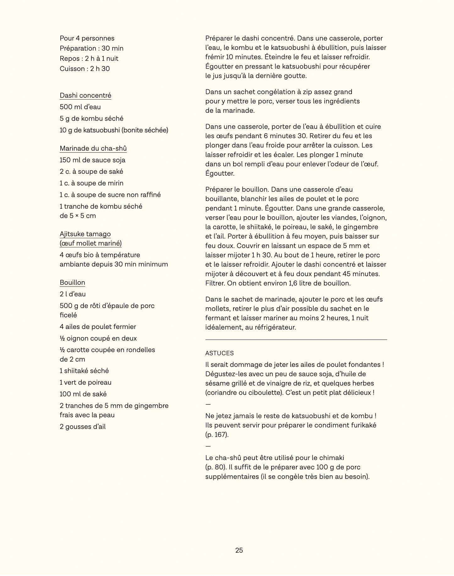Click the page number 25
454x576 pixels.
coord(239,550)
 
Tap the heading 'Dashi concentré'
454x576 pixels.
coord(85,96)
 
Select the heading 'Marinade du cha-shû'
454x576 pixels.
coord(93,148)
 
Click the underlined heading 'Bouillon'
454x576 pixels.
coord(72,283)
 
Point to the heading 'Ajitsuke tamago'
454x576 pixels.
coord(85,234)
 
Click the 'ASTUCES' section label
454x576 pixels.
coord(219,353)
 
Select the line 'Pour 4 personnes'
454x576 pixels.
coord(87,38)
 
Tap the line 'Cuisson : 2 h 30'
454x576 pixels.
coord(85,69)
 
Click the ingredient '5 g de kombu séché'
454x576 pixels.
coord(91,119)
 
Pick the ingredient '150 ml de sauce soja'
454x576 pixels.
coord(92,160)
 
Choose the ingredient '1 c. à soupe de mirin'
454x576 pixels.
coord(91,183)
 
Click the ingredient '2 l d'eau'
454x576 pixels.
coord(73,294)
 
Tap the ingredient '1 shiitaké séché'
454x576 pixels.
coord(84,371)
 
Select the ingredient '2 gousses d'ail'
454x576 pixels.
coord(83,427)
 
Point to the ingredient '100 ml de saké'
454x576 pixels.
coord(83,394)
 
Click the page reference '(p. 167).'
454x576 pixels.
coord(217,435)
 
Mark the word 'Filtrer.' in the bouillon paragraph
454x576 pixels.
coord(215,283)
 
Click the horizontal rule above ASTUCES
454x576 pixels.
coord(296,340)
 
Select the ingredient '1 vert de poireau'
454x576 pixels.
coord(85,382)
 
